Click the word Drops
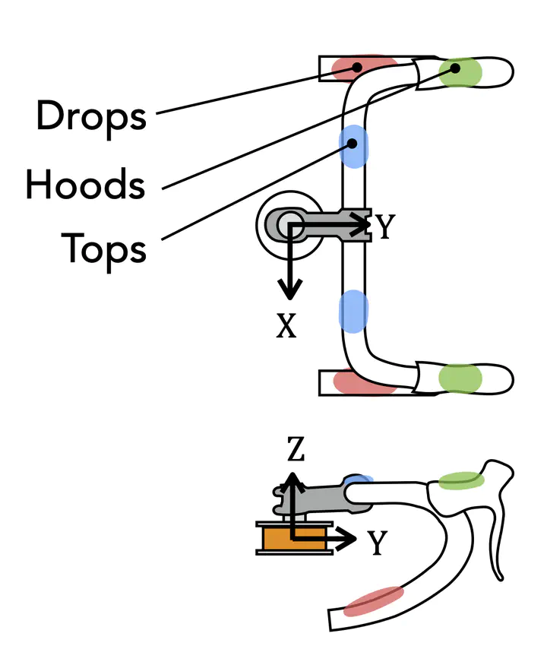(x=91, y=116)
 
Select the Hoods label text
(x=84, y=184)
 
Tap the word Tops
(x=103, y=248)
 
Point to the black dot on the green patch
(x=455, y=68)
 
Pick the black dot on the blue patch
(x=352, y=142)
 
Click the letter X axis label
(x=286, y=325)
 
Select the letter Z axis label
(x=296, y=451)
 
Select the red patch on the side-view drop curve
(x=373, y=600)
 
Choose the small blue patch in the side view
(x=359, y=480)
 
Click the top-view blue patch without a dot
(x=353, y=311)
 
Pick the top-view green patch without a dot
(x=460, y=378)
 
